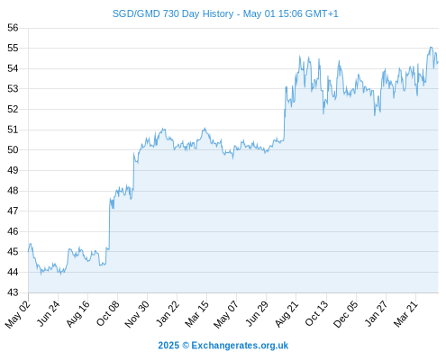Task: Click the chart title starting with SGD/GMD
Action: coord(225,13)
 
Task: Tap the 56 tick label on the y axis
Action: coord(13,28)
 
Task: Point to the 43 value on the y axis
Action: coord(13,292)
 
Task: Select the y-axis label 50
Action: coord(13,149)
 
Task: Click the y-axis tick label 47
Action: coord(13,211)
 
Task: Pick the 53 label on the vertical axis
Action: coord(13,89)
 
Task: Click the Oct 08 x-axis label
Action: coord(108,313)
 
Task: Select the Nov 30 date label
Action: coord(137,314)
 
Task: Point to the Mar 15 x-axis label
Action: coord(197,314)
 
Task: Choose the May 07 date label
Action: coord(226,314)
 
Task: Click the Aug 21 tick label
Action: coord(287,313)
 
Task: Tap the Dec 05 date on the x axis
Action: coord(346,314)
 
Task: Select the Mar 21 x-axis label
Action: coord(406,313)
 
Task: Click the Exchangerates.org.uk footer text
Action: coord(240,346)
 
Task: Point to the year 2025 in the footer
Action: coord(168,346)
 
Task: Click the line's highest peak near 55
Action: coord(431,47)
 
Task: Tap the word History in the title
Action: coord(218,13)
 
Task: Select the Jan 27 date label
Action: coord(376,313)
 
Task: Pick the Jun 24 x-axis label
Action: coord(49,313)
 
